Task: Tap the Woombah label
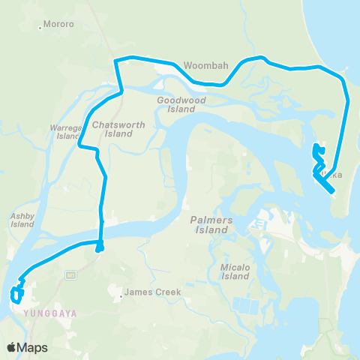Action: coord(205,66)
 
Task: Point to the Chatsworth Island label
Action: coord(112,128)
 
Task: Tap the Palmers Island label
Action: coord(207,225)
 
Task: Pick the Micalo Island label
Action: coord(235,271)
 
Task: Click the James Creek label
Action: coord(148,292)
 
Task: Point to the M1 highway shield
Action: coord(70,274)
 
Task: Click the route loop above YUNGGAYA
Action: coord(16,294)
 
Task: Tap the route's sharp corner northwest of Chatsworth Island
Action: coord(115,60)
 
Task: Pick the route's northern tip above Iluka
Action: coord(314,145)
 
